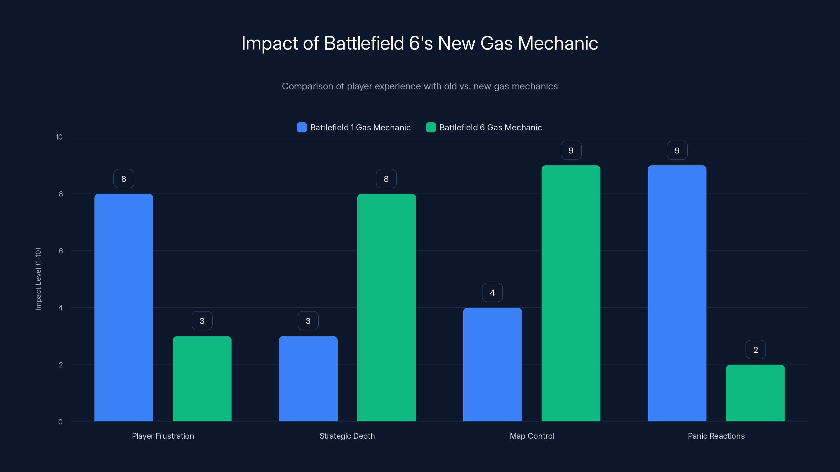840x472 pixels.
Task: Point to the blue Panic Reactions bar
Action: [x=677, y=293]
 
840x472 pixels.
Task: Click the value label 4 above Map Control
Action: [x=492, y=293]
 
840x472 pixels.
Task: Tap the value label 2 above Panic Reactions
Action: [x=755, y=350]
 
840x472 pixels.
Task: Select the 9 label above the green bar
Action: [x=571, y=151]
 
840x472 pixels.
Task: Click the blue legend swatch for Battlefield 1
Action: [x=302, y=127]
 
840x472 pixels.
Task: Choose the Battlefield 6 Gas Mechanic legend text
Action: [x=490, y=127]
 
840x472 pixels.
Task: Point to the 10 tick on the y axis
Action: [x=59, y=137]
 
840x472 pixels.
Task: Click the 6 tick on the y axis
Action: [x=61, y=251]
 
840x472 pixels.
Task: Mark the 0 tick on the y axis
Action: [x=60, y=422]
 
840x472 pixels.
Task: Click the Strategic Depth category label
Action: [x=347, y=436]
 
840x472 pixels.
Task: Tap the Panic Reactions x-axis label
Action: [x=716, y=436]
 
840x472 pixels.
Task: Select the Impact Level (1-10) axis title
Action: [x=38, y=279]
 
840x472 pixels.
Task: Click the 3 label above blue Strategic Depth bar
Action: [x=308, y=321]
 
